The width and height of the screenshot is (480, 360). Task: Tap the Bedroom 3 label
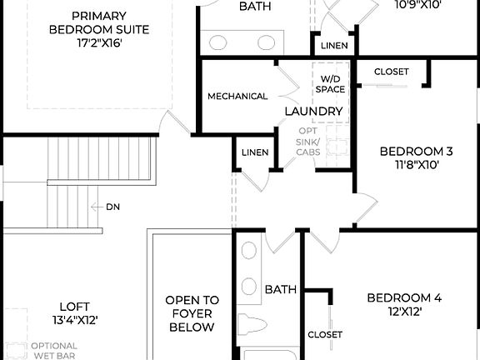point(415,151)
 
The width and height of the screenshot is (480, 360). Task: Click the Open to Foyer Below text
point(192,313)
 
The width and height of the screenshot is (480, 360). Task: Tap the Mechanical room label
point(237,96)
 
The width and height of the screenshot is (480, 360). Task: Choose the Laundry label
point(313,111)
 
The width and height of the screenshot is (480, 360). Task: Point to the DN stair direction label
point(113,206)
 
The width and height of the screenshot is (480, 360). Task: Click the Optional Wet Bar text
point(53,351)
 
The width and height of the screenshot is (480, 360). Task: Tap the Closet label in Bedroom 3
point(391,72)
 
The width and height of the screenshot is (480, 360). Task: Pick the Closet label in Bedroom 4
point(324,334)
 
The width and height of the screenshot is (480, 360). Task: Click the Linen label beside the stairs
point(254,152)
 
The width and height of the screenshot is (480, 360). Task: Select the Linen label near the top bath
point(333,45)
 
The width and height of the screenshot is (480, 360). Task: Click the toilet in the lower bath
point(251,326)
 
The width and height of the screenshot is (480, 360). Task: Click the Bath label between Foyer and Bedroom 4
point(281,289)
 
